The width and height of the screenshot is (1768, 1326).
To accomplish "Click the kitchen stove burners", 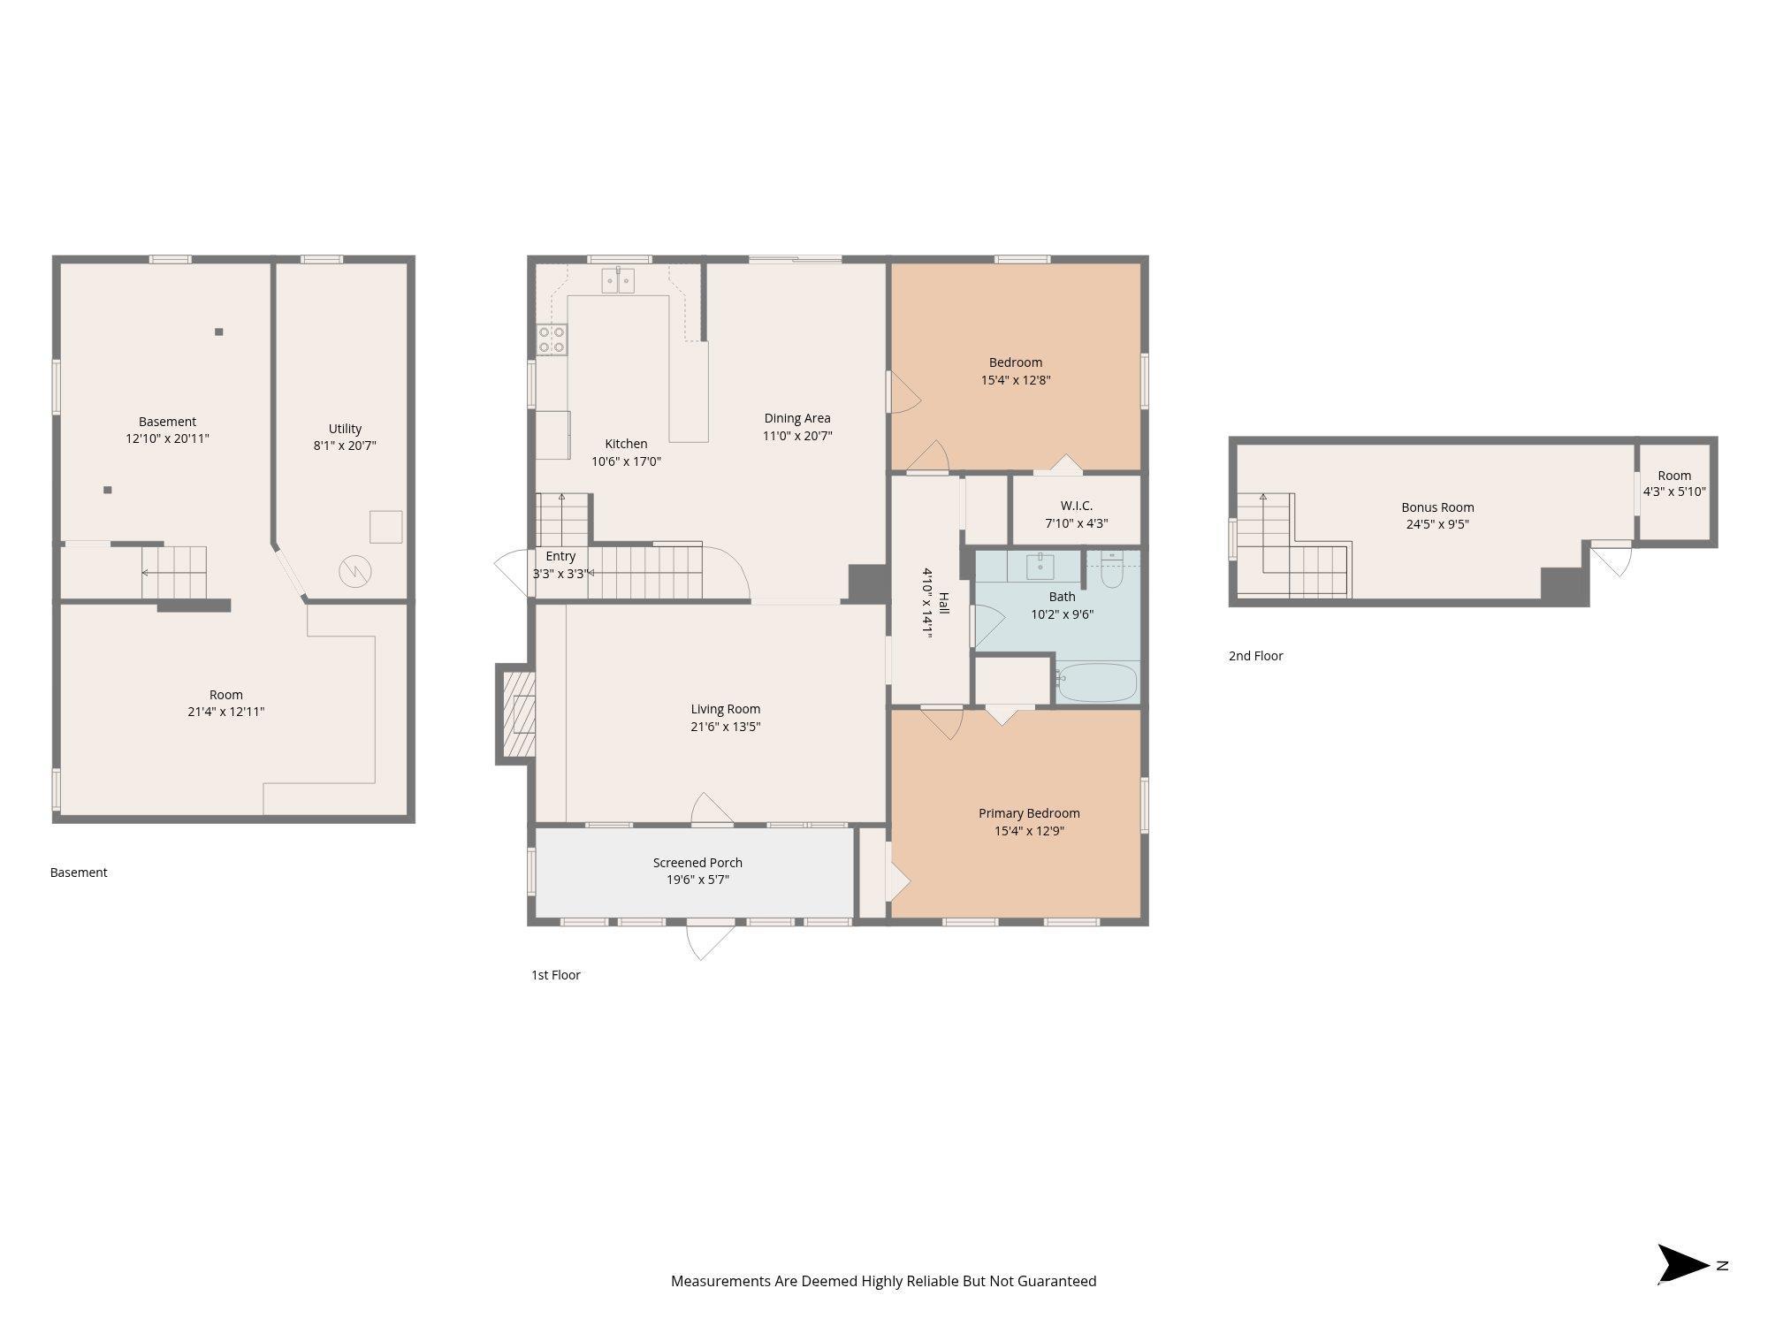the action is (x=552, y=339).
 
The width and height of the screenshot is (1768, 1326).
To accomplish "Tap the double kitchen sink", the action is (x=619, y=280).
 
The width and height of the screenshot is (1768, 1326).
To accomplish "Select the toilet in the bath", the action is (x=1111, y=570).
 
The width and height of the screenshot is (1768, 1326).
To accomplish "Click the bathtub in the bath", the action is (x=1096, y=682).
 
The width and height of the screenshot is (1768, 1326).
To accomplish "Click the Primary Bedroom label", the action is (x=1029, y=813).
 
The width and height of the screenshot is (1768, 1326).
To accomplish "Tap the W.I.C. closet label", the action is (x=1077, y=506).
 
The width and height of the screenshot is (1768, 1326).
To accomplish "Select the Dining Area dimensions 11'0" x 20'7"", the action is (x=797, y=436).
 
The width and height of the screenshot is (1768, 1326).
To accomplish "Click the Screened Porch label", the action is (x=697, y=863).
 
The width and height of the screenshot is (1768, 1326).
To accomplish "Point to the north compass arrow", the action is (x=1683, y=1265).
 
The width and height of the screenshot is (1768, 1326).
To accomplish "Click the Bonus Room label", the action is (x=1437, y=507).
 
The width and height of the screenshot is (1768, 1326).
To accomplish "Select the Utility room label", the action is (x=345, y=429).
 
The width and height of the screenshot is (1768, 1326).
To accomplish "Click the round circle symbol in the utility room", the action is (x=355, y=572).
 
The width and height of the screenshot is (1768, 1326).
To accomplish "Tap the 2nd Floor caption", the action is (x=1255, y=656).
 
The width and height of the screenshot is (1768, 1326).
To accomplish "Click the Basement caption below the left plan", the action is (x=79, y=873).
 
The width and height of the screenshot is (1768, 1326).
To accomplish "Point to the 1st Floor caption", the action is (x=555, y=975).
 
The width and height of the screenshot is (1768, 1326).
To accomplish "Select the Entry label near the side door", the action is (x=560, y=556).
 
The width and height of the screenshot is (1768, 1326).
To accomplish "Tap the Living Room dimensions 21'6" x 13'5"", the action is (x=726, y=727).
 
